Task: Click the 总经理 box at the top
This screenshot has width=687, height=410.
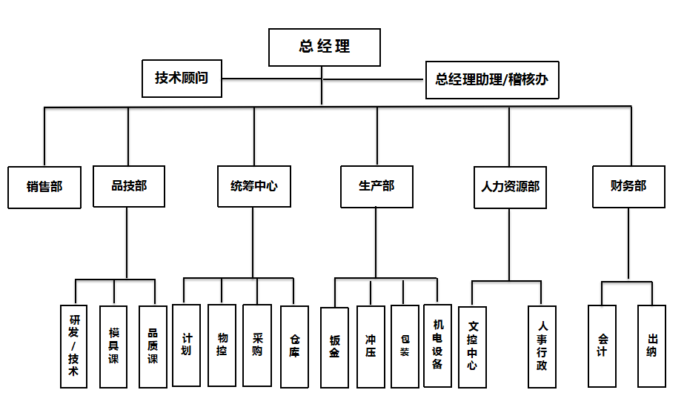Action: [x=324, y=47]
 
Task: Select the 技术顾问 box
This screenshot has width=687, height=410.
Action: [x=182, y=79]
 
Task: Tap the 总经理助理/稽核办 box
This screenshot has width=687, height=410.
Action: [x=492, y=80]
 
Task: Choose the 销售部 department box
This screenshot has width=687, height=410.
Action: [x=44, y=188]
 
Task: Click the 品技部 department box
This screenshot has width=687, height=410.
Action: [x=129, y=186]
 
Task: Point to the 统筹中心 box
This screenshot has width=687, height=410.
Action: [x=254, y=186]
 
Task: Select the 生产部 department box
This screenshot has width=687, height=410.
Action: [x=376, y=187]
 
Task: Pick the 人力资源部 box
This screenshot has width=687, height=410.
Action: [x=510, y=188]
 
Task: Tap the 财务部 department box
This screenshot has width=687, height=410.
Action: [x=628, y=187]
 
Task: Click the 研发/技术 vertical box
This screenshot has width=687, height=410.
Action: [x=73, y=346]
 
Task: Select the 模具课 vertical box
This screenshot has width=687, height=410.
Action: [x=113, y=347]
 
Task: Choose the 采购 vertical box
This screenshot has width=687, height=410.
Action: [x=257, y=345]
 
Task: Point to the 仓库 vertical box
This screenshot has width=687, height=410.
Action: [x=294, y=347]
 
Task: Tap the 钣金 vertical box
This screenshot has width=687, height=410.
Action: [x=335, y=347]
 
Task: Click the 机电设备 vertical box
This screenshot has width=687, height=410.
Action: [x=438, y=346]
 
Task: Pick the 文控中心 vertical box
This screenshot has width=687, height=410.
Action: [x=472, y=347]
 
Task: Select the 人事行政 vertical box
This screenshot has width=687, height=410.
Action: [x=542, y=347]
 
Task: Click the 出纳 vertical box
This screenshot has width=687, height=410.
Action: [x=652, y=346]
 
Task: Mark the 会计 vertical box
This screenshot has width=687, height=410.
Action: [x=602, y=346]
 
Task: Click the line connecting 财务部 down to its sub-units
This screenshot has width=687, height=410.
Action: [x=628, y=243]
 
